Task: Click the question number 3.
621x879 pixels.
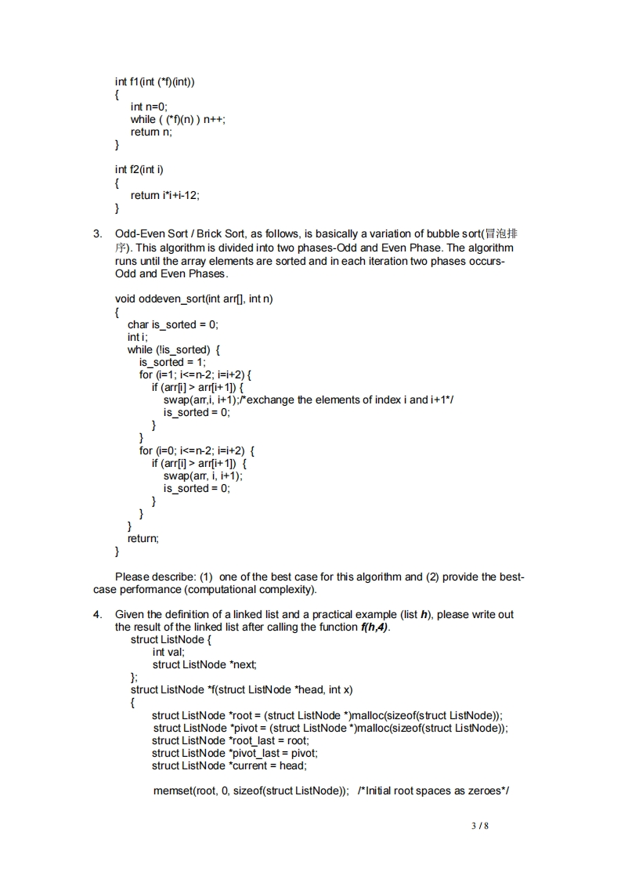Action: pyautogui.click(x=97, y=233)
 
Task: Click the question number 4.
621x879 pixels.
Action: pyautogui.click(x=97, y=614)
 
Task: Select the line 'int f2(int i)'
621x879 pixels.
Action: pyautogui.click(x=139, y=169)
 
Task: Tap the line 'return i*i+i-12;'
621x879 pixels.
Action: pyautogui.click(x=165, y=195)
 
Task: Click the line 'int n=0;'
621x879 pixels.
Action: pyautogui.click(x=149, y=107)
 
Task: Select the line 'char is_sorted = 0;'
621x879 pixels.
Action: pyautogui.click(x=173, y=324)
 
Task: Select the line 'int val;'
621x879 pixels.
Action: pyautogui.click(x=168, y=652)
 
